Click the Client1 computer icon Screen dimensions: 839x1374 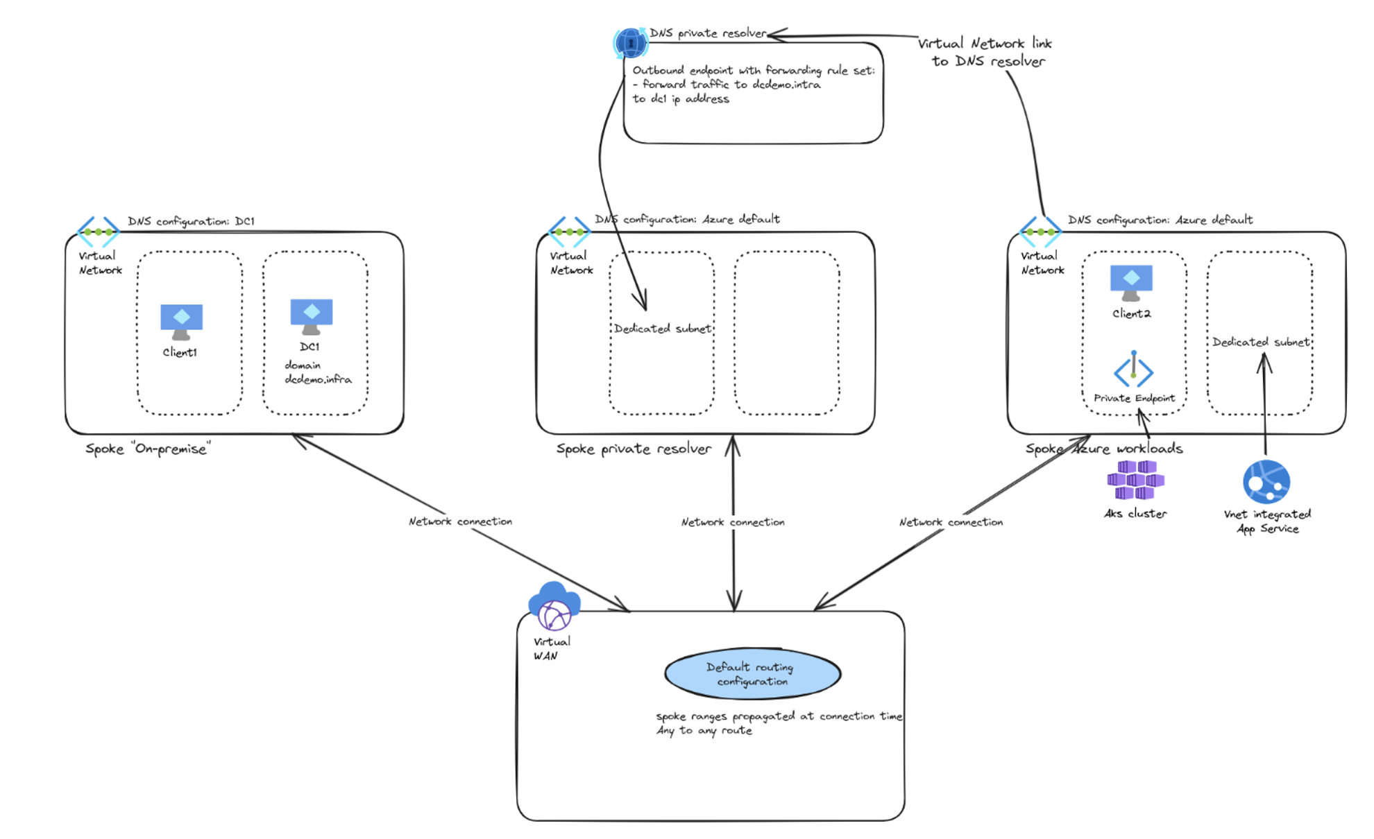click(x=181, y=321)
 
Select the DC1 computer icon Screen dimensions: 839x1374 click(x=311, y=316)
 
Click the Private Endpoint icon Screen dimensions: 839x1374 click(x=1133, y=370)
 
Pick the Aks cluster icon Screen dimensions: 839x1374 click(x=1135, y=480)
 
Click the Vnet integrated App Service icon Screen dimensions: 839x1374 click(x=1266, y=481)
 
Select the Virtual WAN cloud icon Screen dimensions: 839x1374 click(x=554, y=605)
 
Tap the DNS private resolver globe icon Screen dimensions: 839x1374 click(x=630, y=43)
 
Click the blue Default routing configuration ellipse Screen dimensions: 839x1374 click(x=752, y=674)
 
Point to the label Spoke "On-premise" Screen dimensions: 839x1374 click(x=148, y=449)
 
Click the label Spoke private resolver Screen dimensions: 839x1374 click(x=634, y=449)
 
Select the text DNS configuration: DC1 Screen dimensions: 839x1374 click(x=191, y=221)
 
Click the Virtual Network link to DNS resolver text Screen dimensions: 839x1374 click(x=985, y=52)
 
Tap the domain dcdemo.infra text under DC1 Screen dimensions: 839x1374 click(x=317, y=372)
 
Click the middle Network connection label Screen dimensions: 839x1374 click(x=733, y=522)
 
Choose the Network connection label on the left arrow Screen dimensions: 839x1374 click(x=460, y=521)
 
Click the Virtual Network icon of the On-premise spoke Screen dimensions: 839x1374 click(x=98, y=232)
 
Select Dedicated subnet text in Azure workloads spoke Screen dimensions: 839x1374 click(x=1260, y=342)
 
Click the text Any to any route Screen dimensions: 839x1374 click(x=704, y=731)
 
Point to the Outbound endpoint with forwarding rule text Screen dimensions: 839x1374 click(x=753, y=70)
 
